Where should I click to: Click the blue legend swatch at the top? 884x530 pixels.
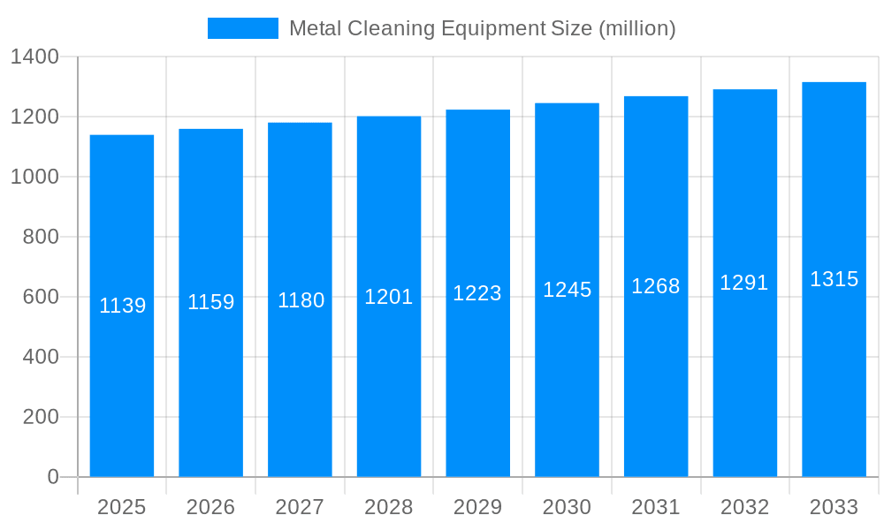point(242,28)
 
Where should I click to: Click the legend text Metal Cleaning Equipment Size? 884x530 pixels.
point(482,28)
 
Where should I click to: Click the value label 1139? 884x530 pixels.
point(122,306)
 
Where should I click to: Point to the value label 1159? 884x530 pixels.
point(210,302)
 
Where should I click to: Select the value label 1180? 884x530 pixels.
point(301,300)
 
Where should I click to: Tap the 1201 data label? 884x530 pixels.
point(389,297)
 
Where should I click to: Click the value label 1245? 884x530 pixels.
point(567,290)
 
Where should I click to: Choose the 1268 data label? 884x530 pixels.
point(656,286)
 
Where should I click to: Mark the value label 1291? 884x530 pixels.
point(744,283)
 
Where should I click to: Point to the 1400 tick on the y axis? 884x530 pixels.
point(34,57)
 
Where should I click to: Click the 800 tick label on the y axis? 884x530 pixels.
point(40,237)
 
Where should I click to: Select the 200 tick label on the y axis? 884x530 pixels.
point(40,417)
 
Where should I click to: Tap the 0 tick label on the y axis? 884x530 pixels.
point(52,477)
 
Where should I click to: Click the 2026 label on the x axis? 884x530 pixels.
point(210,507)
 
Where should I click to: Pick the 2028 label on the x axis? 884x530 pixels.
point(389,507)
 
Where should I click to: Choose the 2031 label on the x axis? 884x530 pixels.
point(656,507)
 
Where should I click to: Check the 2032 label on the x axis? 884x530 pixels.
point(744,507)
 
